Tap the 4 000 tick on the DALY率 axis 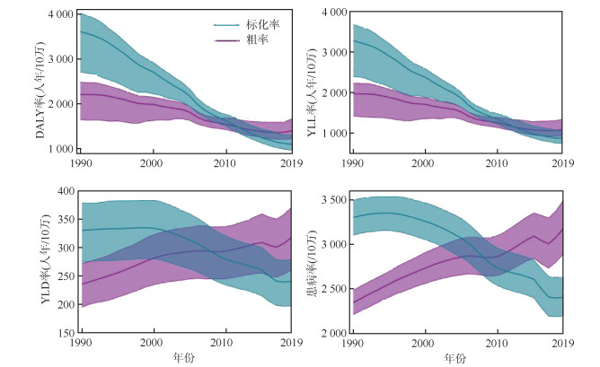(x=58, y=15)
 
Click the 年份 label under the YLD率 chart (x=186, y=357)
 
